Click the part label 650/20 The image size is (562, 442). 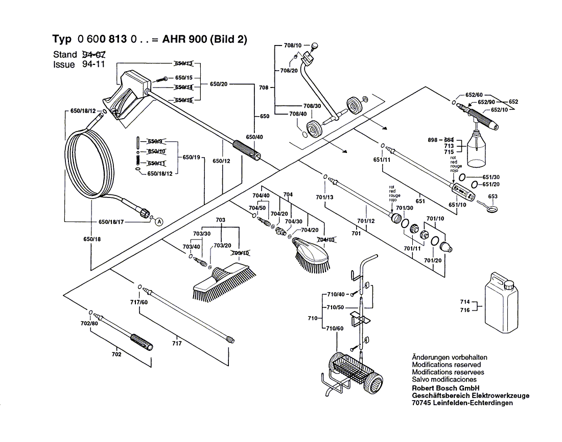coord(219,84)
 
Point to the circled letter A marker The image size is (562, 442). coord(159,222)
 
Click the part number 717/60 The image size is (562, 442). coord(138,302)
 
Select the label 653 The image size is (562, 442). coord(493,196)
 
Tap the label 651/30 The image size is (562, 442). coord(491,176)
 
